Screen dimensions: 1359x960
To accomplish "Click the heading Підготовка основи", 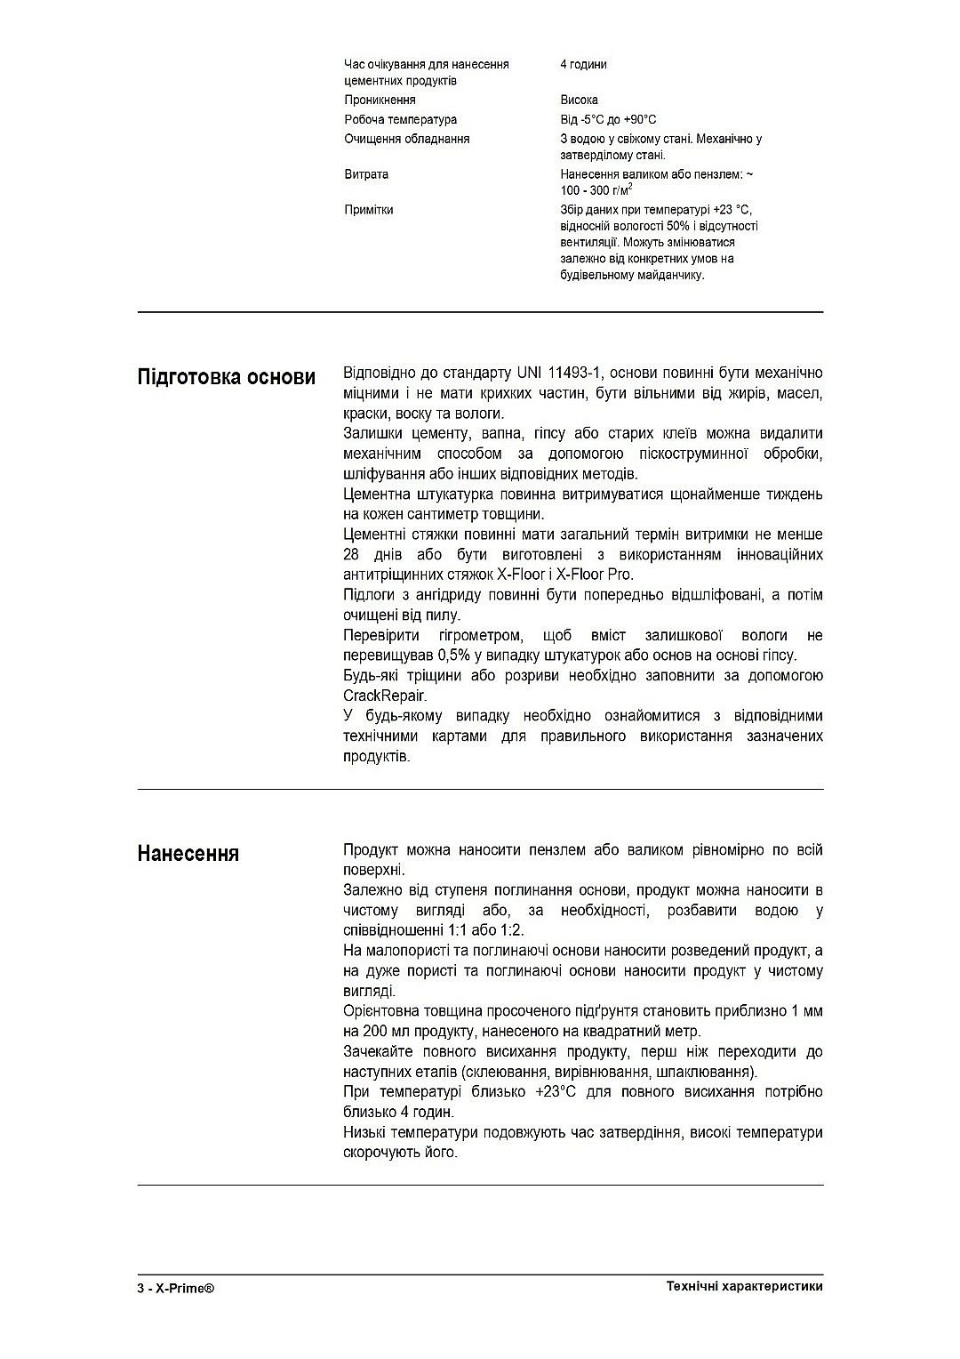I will (226, 377).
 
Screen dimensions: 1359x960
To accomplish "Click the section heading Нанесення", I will (188, 854).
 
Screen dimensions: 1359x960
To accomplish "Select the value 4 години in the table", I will (583, 65).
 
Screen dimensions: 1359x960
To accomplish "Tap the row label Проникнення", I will (380, 101).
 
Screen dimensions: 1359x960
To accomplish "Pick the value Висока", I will (579, 101).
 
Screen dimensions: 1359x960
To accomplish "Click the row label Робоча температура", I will (400, 120).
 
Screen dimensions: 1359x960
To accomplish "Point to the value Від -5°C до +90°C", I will (608, 120).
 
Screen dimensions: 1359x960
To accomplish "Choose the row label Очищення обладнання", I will (406, 140).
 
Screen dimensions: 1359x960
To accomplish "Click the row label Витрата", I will (366, 174).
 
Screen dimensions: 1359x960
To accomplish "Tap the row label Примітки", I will (368, 210).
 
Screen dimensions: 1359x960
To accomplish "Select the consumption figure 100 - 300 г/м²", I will (596, 190).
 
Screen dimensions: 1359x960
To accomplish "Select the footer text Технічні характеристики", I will (744, 1287).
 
